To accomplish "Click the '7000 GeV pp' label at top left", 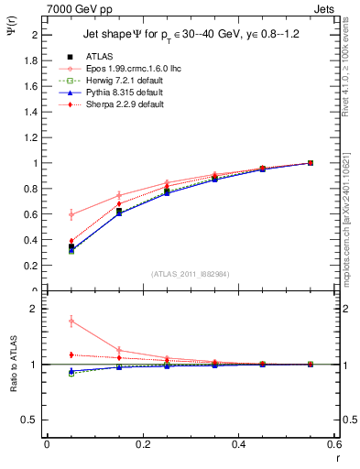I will pyautogui.click(x=77, y=8).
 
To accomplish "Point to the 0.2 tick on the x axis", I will pyautogui.click(x=142, y=444).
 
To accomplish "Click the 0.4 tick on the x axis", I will pyautogui.click(x=238, y=444).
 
